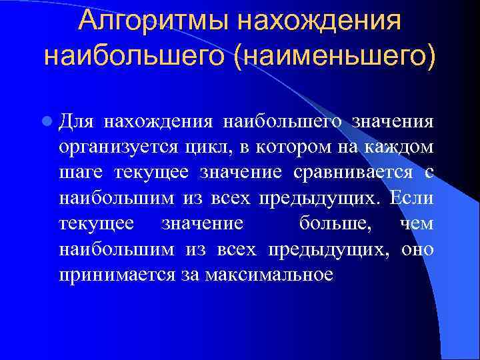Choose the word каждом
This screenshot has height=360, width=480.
[401, 147]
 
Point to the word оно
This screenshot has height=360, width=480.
[418, 250]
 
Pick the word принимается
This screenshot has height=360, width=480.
[117, 275]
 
